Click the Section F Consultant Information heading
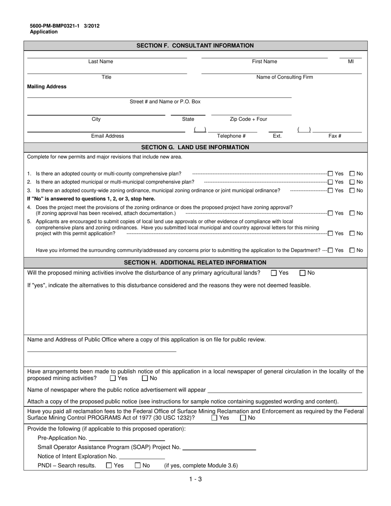[195, 46]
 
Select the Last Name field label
[100, 62]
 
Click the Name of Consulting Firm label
[284, 77]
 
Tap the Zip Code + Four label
[248, 119]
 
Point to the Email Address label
[107, 136]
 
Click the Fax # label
[335, 136]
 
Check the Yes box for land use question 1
[330, 174]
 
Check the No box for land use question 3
[352, 190]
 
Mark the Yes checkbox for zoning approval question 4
[330, 213]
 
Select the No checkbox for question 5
[352, 233]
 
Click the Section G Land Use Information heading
[195, 147]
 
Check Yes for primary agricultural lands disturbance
[274, 273]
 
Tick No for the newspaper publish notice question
[145, 378]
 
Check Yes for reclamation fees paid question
[214, 418]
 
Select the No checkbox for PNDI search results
[138, 466]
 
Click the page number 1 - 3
[195, 479]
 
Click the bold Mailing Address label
[47, 87]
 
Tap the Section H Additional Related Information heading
[195, 262]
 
